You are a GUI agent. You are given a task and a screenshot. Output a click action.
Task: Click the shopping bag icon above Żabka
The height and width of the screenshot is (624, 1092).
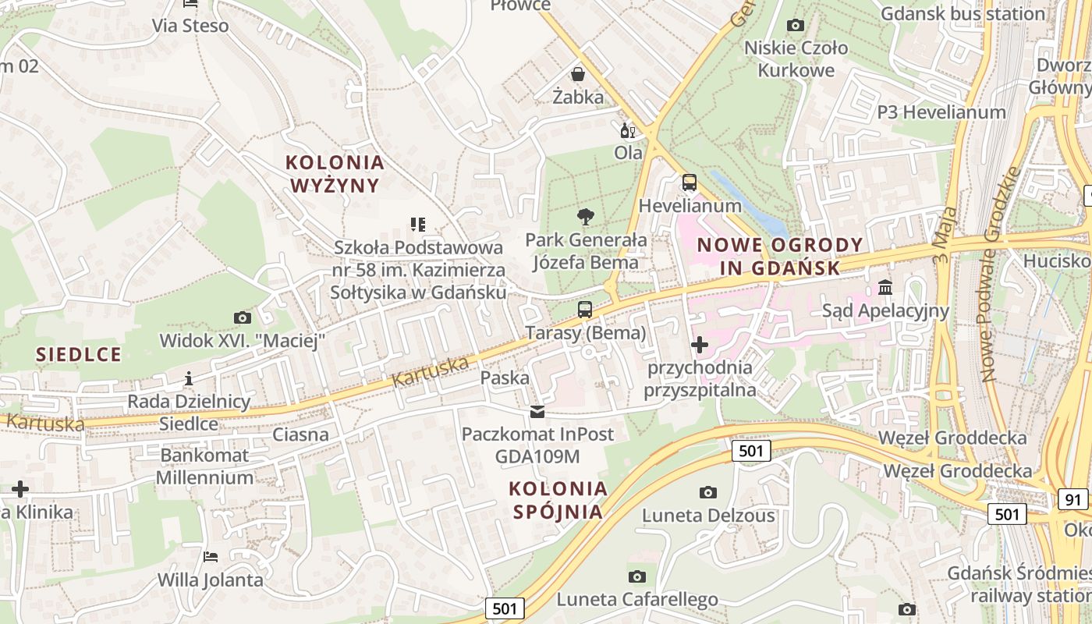pos(578,74)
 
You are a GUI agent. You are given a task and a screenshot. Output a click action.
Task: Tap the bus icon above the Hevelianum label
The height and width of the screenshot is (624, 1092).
pos(689,183)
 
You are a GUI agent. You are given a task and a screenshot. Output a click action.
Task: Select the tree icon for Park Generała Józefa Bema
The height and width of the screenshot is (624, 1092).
pos(585,217)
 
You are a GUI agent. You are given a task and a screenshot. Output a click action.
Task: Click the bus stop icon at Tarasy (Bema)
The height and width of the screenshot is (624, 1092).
pos(585,310)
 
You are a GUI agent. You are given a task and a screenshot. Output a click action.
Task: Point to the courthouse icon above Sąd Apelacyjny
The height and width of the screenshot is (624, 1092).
pos(885,288)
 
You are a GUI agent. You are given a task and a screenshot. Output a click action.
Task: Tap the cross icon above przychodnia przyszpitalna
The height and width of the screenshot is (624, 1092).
pos(700,344)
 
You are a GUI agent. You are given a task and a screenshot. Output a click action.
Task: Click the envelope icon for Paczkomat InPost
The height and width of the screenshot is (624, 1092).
pos(537,411)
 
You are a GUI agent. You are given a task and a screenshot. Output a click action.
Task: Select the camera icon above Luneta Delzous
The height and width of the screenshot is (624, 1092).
pos(708,491)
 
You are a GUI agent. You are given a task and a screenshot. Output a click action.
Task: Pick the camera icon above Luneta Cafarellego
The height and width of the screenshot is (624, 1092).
pos(637,576)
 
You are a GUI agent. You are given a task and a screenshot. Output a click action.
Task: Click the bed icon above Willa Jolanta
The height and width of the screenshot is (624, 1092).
pos(211,557)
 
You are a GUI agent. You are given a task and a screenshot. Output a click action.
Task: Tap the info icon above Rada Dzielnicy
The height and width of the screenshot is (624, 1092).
pos(188,379)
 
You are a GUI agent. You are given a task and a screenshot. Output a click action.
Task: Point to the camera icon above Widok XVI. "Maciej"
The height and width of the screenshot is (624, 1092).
pos(243,317)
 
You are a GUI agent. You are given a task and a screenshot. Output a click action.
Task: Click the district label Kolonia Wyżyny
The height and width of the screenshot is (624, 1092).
pos(335,174)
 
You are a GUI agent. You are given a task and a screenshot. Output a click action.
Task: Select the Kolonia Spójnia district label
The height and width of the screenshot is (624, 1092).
pos(558,500)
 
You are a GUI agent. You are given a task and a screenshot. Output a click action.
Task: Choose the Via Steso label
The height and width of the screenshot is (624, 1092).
pos(190,26)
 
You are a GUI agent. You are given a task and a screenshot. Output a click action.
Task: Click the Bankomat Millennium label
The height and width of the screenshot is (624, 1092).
pos(204,466)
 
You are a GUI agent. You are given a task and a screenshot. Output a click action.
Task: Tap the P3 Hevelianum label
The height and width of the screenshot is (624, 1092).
pos(941,112)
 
